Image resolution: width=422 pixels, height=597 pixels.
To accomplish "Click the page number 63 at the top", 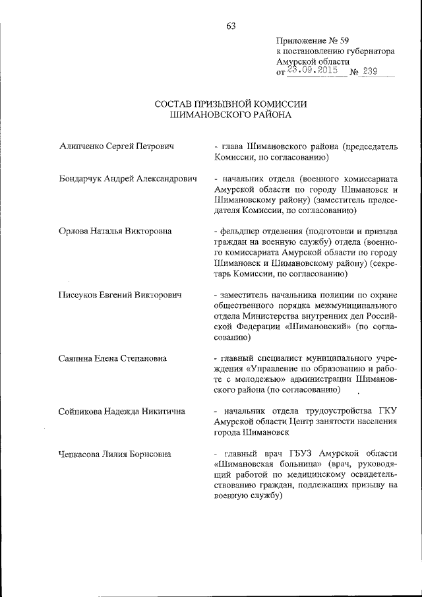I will tap(230, 26).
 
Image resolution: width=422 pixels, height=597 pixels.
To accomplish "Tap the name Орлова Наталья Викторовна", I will tap(115, 231).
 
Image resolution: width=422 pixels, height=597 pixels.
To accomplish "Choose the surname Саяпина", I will tap(78, 358).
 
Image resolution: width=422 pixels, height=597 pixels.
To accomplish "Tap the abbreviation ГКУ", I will tap(388, 411).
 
